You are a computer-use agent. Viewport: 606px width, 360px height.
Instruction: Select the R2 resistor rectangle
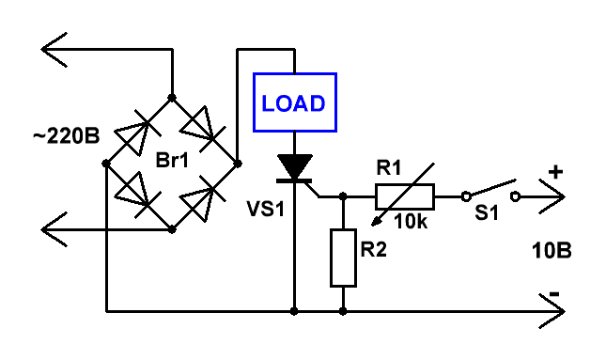click(343, 258)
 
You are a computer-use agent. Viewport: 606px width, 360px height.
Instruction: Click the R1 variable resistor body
click(405, 196)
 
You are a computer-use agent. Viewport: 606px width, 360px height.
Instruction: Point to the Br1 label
click(172, 160)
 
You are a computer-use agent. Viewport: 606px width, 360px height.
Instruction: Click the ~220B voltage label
click(66, 136)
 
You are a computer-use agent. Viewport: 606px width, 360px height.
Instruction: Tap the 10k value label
click(411, 222)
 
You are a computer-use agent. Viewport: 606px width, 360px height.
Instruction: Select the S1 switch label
click(487, 212)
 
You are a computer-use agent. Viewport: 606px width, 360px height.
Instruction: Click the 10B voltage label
click(552, 251)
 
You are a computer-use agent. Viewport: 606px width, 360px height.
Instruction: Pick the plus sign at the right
click(555, 172)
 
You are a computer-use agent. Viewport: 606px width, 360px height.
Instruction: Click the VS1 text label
click(266, 210)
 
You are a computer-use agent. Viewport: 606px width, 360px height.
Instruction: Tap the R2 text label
click(373, 249)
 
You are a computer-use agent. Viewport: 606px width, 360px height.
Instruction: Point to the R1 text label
click(389, 168)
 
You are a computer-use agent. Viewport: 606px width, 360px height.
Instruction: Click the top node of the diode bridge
click(172, 98)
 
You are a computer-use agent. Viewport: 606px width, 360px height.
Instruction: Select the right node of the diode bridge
click(238, 164)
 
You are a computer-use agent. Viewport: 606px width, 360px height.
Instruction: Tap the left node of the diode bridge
click(106, 164)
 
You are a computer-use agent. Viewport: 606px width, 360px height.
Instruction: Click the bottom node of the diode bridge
click(172, 229)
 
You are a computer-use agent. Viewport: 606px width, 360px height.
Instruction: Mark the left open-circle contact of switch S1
click(467, 196)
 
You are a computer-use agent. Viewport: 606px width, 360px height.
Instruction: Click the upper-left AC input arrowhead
click(54, 50)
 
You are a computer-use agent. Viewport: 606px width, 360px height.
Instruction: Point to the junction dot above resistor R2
click(343, 196)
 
